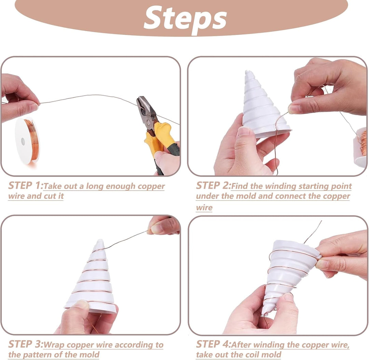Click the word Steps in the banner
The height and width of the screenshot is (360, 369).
[185, 18]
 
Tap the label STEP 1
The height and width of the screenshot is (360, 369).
[25, 186]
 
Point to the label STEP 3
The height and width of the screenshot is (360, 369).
[25, 344]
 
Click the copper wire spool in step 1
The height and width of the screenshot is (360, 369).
[27, 140]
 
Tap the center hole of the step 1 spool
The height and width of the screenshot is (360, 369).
[23, 141]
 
